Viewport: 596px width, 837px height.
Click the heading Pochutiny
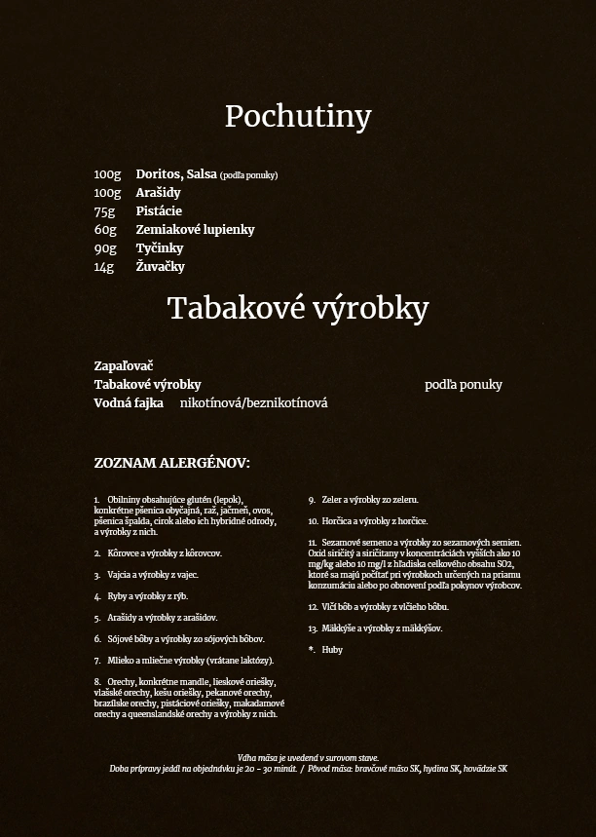298,117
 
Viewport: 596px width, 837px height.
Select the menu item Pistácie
159,211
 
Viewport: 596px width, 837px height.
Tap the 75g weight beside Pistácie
104,211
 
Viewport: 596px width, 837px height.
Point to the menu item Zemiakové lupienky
195,230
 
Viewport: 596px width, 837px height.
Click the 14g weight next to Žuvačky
104,267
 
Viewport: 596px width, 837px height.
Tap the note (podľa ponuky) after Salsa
248,175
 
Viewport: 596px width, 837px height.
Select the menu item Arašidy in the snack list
158,193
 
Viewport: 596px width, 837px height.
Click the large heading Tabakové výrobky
298,309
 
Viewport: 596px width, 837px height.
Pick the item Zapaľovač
124,366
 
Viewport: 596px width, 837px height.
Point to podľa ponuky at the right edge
463,385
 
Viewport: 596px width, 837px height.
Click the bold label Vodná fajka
129,403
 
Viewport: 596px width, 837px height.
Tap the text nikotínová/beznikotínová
253,403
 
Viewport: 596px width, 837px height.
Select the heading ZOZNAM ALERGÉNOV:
171,463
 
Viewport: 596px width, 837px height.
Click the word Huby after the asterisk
332,650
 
